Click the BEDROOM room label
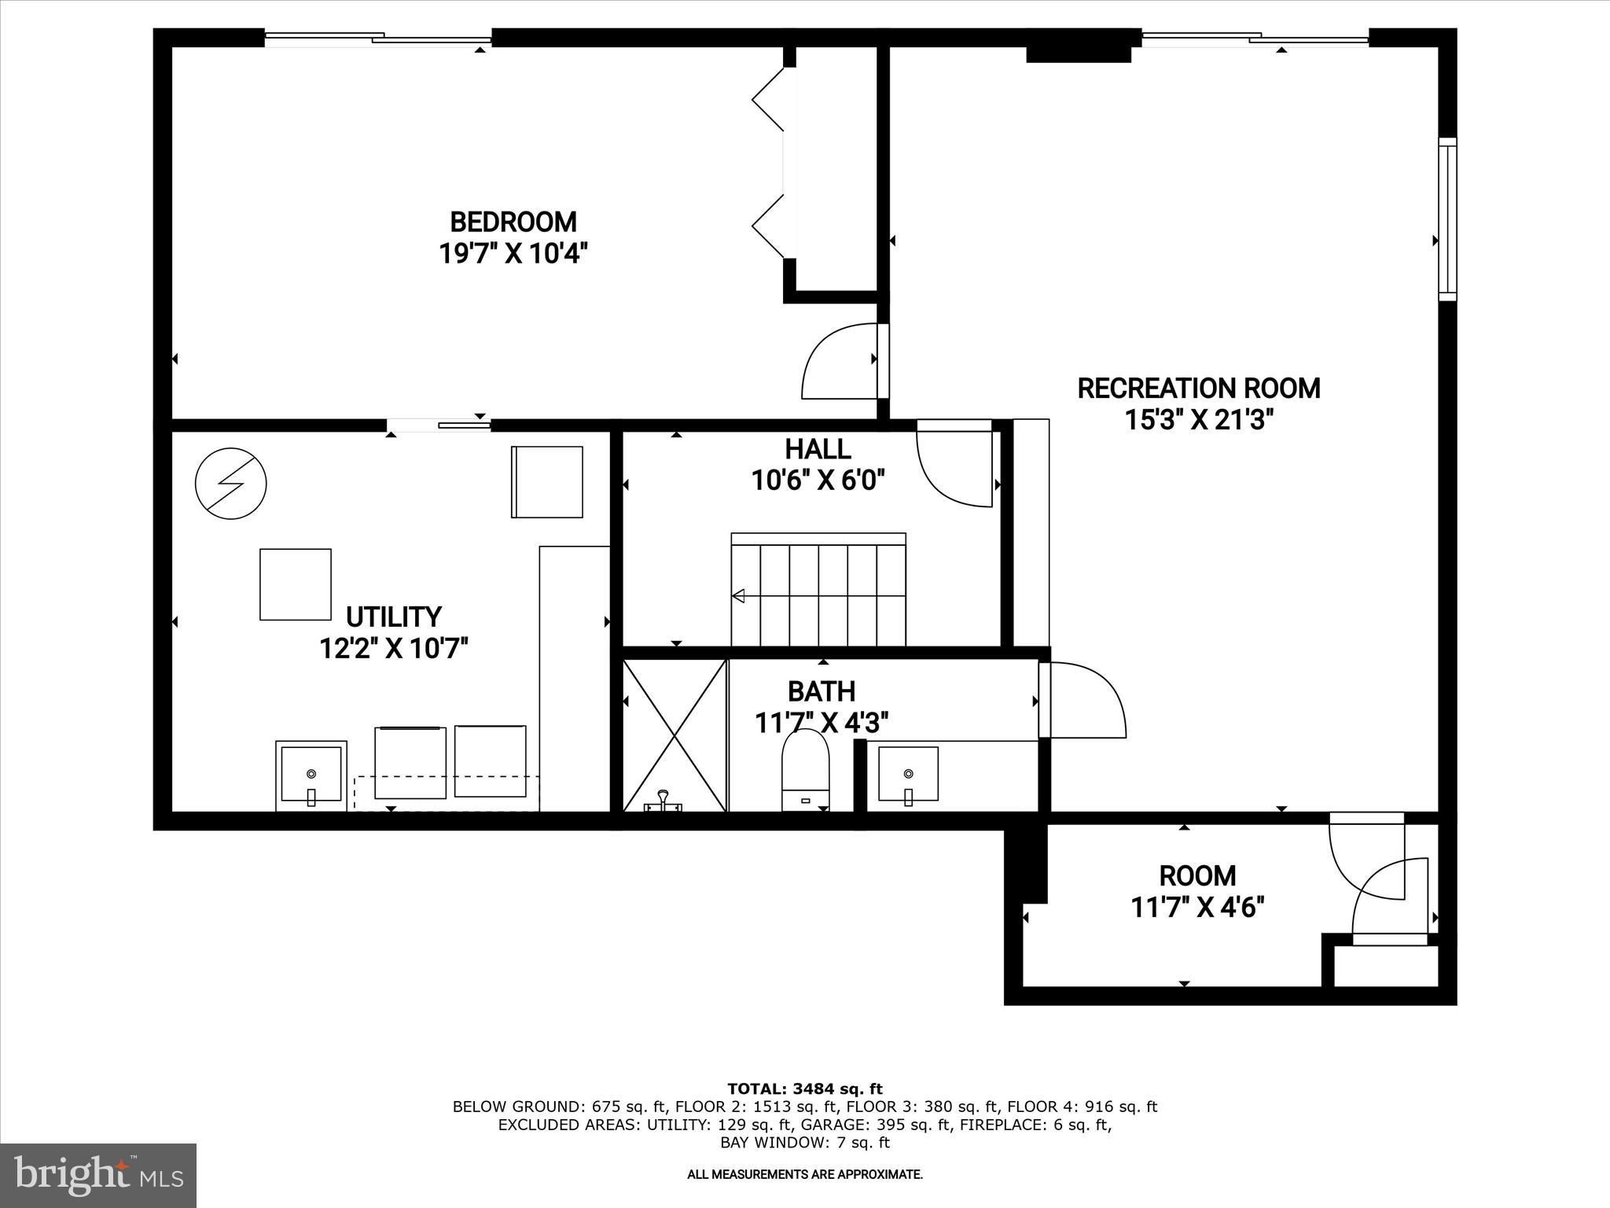(x=513, y=221)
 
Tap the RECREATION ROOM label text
(x=1198, y=389)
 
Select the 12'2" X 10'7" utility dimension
(x=394, y=649)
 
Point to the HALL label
(x=818, y=449)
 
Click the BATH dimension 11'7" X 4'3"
(x=822, y=722)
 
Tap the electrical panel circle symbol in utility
(x=230, y=484)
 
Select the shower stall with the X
(x=675, y=735)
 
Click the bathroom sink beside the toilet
(x=908, y=775)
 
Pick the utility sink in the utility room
(x=311, y=775)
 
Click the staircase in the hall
(x=818, y=590)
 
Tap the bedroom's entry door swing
(x=837, y=363)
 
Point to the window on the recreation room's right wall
(x=1447, y=219)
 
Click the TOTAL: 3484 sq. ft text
(x=805, y=1088)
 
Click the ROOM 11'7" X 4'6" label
(x=1197, y=891)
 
